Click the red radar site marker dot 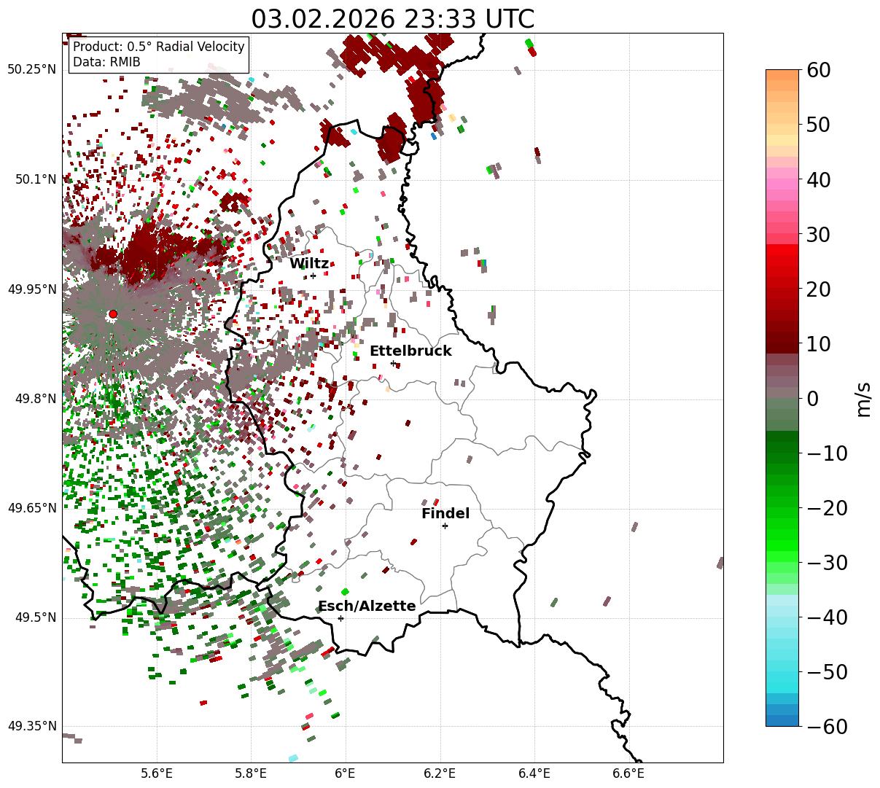(x=113, y=314)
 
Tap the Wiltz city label (x=309, y=264)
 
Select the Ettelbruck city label (x=410, y=351)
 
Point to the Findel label (x=445, y=514)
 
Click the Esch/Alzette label (x=367, y=606)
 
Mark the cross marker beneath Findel (x=445, y=526)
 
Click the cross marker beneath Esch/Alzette (x=340, y=618)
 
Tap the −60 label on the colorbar (x=826, y=727)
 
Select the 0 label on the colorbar (x=812, y=399)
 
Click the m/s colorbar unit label (x=863, y=399)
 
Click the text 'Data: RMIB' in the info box (x=106, y=62)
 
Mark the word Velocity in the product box (x=218, y=47)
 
